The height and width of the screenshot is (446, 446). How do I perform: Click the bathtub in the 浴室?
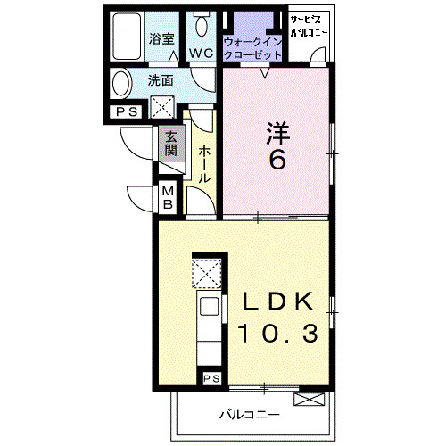[127, 37]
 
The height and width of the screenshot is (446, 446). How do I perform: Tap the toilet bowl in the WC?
[202, 24]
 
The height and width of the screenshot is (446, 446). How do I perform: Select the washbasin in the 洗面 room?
[121, 83]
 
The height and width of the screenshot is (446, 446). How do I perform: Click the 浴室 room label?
[161, 38]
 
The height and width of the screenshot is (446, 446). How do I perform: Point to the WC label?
[202, 54]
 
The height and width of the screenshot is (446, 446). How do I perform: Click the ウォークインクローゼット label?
[252, 48]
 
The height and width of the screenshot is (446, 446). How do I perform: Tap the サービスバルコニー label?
[309, 26]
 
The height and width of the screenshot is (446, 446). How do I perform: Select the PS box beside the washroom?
[127, 112]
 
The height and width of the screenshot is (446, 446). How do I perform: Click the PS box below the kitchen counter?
[211, 378]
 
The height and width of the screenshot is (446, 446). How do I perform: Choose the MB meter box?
[168, 197]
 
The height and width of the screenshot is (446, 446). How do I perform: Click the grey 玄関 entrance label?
[171, 144]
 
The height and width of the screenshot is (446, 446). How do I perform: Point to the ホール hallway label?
[204, 164]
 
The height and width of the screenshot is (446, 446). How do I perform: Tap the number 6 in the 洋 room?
[277, 159]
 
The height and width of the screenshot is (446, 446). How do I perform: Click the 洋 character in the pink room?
[277, 133]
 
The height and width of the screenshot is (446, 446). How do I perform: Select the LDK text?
[278, 301]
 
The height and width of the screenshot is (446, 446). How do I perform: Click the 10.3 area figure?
[277, 333]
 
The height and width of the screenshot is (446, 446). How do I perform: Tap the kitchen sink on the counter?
[210, 307]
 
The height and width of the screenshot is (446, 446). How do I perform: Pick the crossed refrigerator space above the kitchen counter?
[207, 273]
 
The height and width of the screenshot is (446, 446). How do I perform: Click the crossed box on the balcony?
[310, 400]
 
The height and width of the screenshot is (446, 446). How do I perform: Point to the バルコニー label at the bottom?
[250, 414]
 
